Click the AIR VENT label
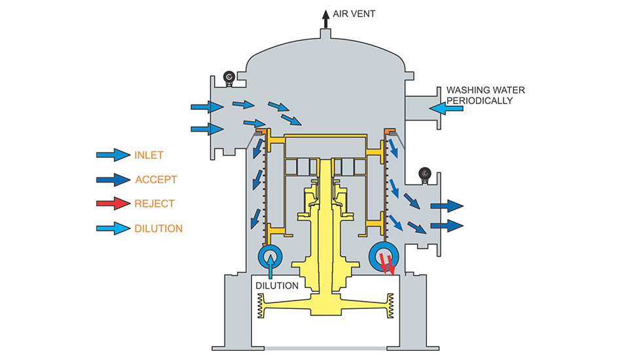tap(354, 14)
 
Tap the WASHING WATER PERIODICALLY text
tap(486, 96)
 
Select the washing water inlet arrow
tap(446, 108)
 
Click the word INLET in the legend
tap(149, 155)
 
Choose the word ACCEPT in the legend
tap(156, 179)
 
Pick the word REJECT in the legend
tap(155, 204)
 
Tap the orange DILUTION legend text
tap(158, 228)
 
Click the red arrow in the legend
tap(113, 204)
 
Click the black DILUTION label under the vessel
tap(277, 286)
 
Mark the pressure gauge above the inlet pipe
tap(229, 77)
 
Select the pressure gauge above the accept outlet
tap(425, 175)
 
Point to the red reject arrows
tap(387, 264)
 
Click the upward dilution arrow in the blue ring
tap(271, 266)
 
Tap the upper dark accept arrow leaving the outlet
tap(447, 206)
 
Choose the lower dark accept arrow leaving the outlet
tap(447, 226)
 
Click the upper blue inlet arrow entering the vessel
tap(207, 107)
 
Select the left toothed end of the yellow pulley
tap(261, 306)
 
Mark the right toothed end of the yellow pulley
tap(390, 306)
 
